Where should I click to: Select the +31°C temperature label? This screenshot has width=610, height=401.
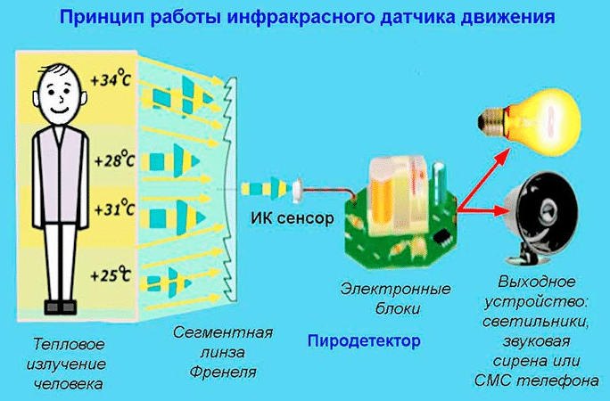point(111,210)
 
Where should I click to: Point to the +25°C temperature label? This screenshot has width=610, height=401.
point(111,274)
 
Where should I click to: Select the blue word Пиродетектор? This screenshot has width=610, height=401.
point(363,341)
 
